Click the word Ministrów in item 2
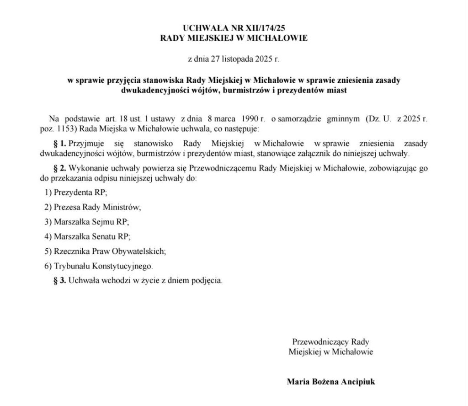coord(124,207)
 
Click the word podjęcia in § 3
coord(207,280)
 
